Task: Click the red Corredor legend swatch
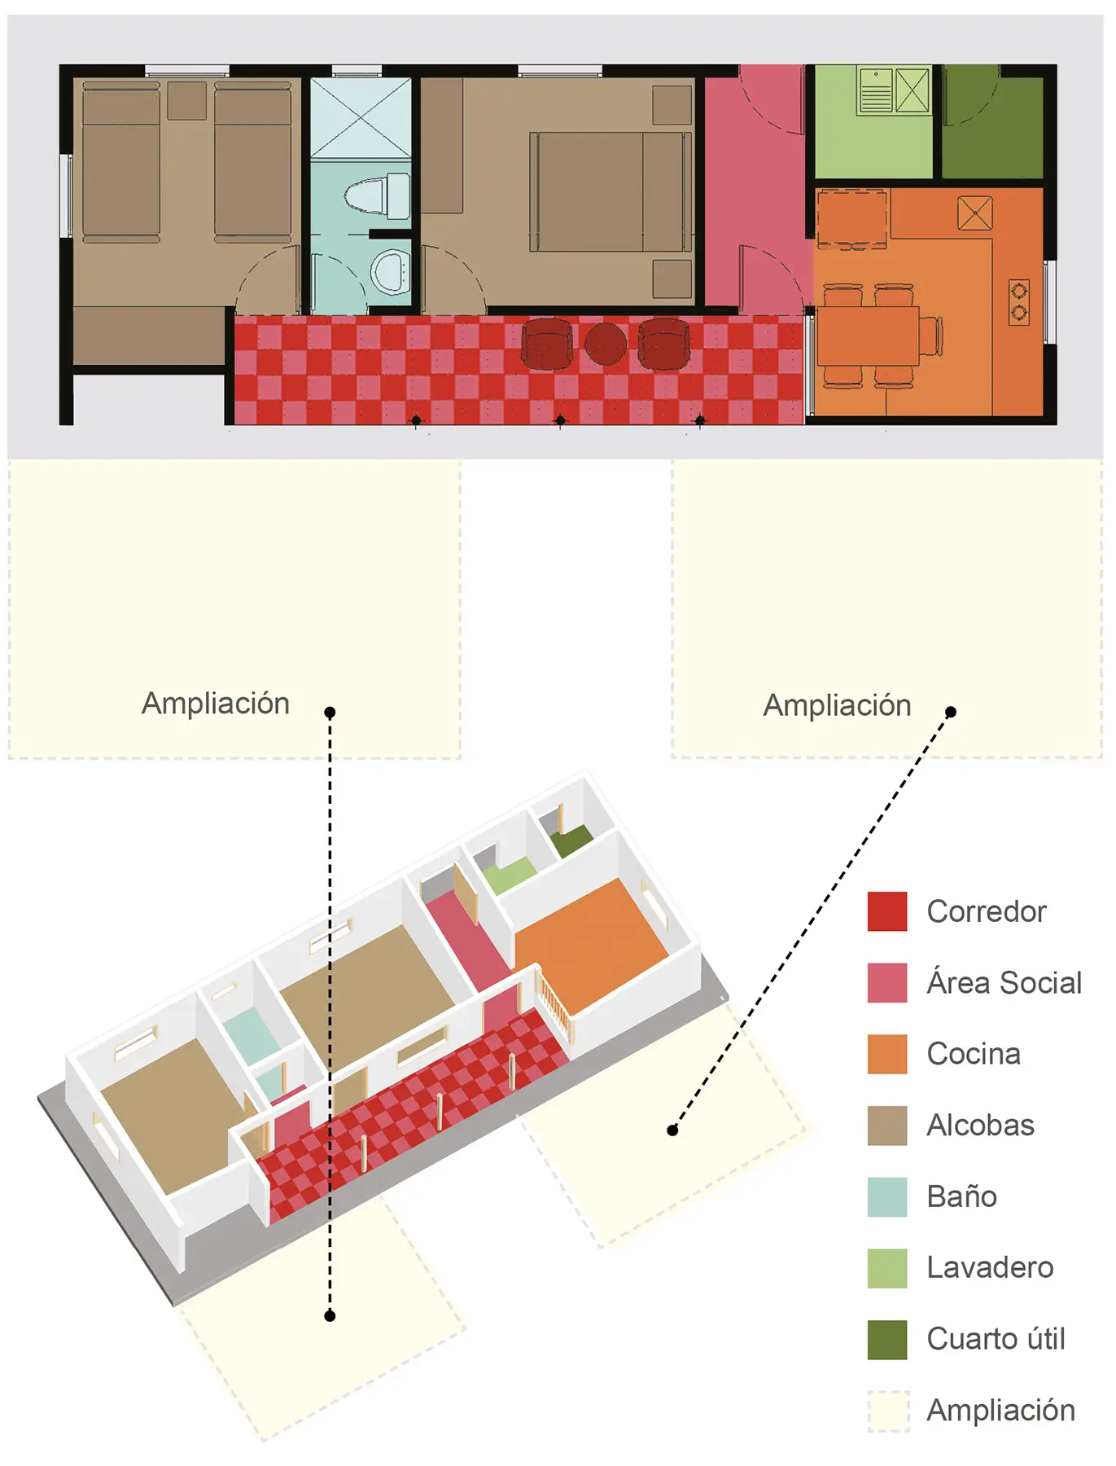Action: pyautogui.click(x=887, y=911)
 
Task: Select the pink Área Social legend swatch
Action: pyautogui.click(x=887, y=982)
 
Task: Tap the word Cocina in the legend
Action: pyautogui.click(x=974, y=1054)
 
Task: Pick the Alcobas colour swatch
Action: pyautogui.click(x=887, y=1126)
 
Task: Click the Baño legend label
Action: pyautogui.click(x=961, y=1196)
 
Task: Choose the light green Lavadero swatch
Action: pyautogui.click(x=887, y=1268)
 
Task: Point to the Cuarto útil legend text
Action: pyautogui.click(x=996, y=1339)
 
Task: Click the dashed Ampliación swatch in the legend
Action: pyautogui.click(x=888, y=1411)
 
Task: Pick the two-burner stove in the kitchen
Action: pyautogui.click(x=1019, y=302)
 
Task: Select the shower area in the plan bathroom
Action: pyautogui.click(x=361, y=117)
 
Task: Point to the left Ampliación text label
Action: pyautogui.click(x=216, y=704)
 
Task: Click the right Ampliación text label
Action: pyautogui.click(x=837, y=705)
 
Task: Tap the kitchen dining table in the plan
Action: pyautogui.click(x=868, y=336)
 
